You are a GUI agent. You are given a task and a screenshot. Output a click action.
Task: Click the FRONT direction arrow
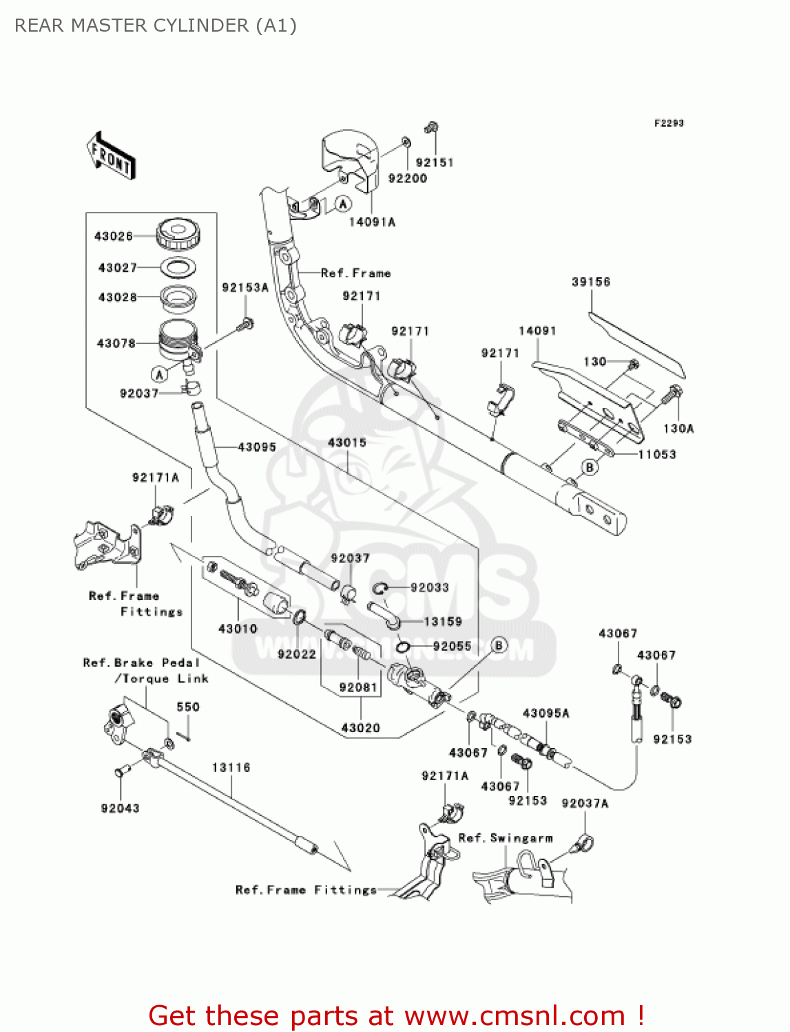click(x=111, y=156)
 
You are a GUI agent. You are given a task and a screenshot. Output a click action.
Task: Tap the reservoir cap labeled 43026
click(x=178, y=235)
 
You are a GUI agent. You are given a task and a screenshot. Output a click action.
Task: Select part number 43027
click(x=117, y=268)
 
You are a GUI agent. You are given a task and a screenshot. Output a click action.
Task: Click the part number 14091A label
click(x=372, y=222)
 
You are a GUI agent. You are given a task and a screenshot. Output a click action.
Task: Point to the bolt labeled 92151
click(x=432, y=128)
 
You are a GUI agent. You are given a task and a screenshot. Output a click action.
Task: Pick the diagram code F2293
click(x=669, y=123)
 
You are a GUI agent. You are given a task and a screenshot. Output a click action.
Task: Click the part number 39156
click(x=591, y=281)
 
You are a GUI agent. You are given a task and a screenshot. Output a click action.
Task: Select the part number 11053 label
click(x=657, y=454)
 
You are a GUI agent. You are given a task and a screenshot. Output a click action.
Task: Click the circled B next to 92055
click(x=499, y=645)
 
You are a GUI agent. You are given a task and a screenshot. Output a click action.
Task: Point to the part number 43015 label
click(x=347, y=442)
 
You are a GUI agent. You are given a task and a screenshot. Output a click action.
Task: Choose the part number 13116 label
click(x=231, y=767)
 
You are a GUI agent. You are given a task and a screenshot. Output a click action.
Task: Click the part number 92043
click(x=120, y=808)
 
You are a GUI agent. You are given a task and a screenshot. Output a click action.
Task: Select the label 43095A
click(x=546, y=713)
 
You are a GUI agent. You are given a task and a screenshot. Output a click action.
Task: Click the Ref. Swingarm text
click(x=506, y=838)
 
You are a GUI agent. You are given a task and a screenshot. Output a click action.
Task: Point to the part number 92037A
click(x=585, y=803)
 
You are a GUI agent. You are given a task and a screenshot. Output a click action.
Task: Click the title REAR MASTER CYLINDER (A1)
click(x=156, y=25)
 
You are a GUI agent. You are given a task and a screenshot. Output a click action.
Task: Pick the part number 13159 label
click(x=443, y=621)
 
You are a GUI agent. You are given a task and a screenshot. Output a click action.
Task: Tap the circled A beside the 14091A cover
click(x=343, y=204)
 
